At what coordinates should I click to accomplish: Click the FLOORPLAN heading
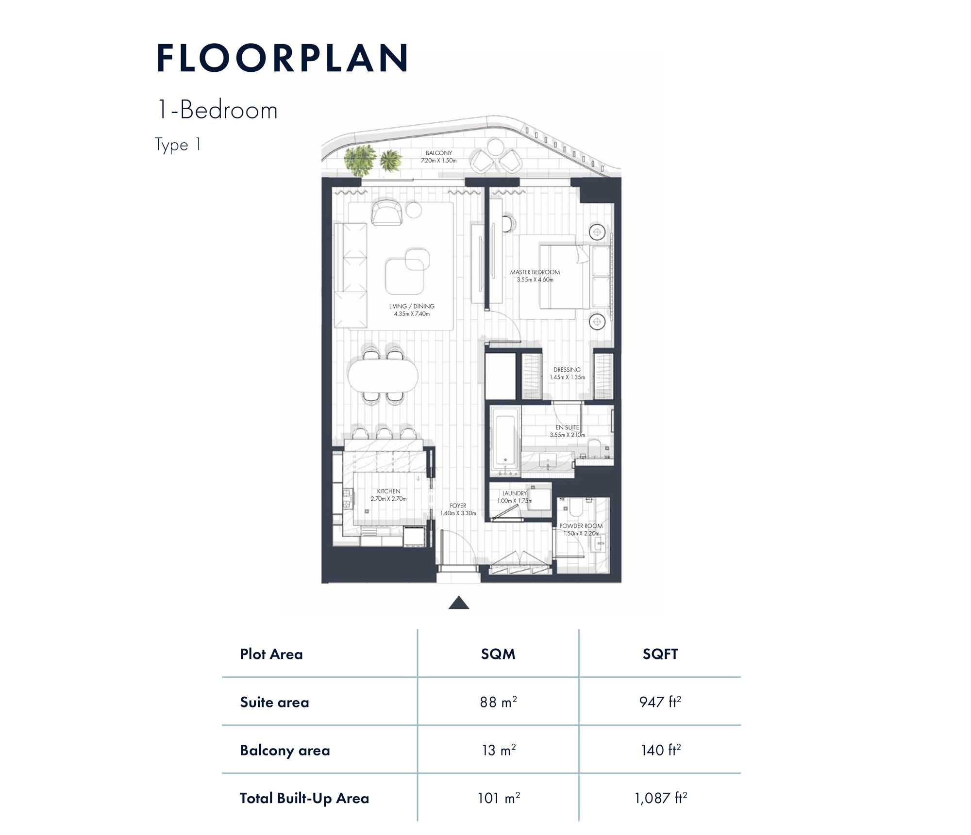[x=283, y=58]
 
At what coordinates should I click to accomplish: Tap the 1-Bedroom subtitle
[x=217, y=111]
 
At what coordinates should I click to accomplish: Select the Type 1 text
[x=178, y=145]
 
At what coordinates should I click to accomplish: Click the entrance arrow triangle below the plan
[x=458, y=603]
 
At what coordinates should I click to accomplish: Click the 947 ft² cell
[x=660, y=702]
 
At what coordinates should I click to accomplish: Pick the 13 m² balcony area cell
[x=498, y=750]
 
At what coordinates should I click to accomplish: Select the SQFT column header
[x=660, y=654]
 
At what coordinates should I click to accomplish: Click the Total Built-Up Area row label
[x=304, y=798]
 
